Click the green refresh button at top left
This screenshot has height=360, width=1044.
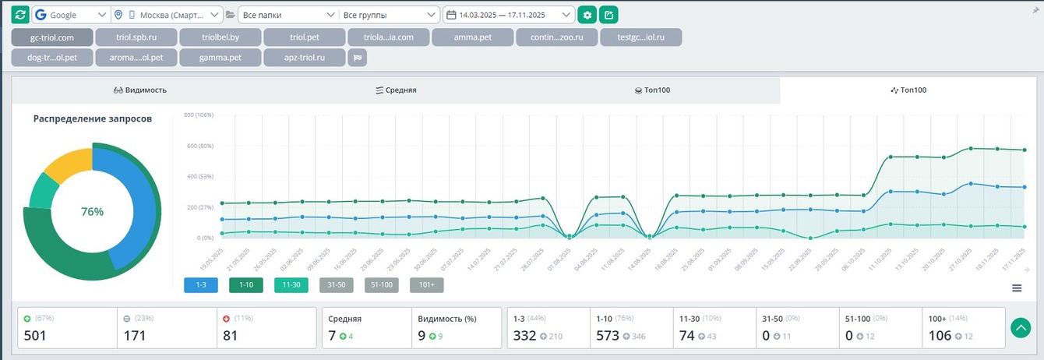(20, 15)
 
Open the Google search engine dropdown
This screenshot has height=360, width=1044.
(71, 15)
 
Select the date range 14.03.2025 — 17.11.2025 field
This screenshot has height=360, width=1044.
(509, 15)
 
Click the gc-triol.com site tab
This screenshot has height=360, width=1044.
(52, 37)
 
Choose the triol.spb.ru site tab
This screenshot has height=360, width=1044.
(136, 37)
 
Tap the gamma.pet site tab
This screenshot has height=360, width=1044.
(220, 58)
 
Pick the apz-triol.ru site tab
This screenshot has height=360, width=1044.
(304, 58)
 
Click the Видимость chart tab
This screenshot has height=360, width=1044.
(140, 90)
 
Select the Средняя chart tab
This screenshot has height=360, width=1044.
(396, 90)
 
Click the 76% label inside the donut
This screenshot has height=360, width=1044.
(92, 212)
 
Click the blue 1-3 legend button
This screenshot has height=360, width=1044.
(200, 285)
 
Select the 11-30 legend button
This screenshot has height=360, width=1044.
(291, 285)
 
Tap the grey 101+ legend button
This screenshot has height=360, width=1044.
(426, 285)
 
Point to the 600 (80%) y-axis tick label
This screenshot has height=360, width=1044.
(199, 146)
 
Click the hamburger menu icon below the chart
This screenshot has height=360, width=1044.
(1017, 288)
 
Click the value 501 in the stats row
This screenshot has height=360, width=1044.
(37, 336)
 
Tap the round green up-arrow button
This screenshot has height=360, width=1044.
(1021, 328)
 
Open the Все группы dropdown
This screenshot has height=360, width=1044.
(390, 15)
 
